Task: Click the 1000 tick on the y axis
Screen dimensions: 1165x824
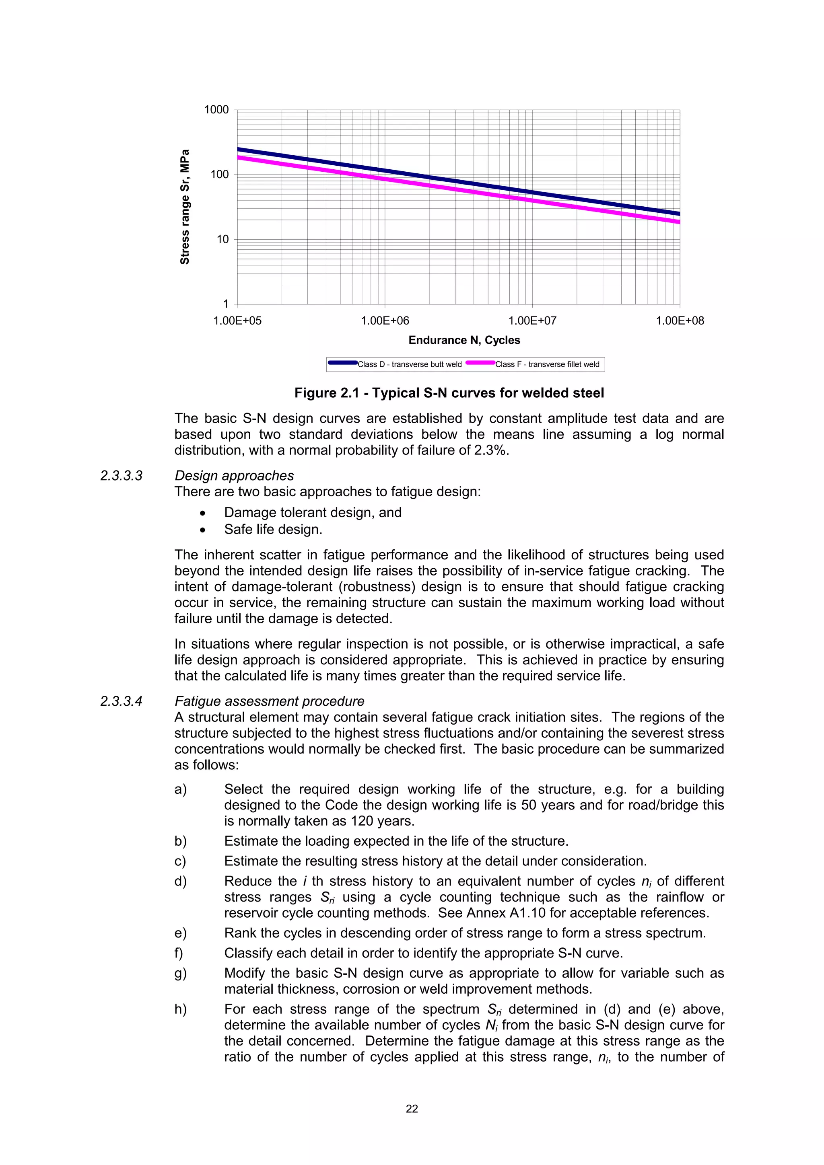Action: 216,110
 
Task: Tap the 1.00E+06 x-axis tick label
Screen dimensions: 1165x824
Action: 385,321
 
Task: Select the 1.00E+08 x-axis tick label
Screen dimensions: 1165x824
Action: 680,321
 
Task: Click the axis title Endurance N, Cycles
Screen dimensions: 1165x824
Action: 464,340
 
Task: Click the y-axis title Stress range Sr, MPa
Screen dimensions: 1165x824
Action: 185,207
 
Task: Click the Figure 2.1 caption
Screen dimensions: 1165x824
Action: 449,393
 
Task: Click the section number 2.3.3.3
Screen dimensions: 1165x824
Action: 122,476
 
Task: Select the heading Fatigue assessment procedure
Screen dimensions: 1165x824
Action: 269,701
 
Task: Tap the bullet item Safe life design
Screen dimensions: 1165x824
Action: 273,529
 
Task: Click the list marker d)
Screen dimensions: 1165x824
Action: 180,881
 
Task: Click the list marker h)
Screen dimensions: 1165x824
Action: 180,1009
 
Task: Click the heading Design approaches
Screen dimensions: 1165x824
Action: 234,476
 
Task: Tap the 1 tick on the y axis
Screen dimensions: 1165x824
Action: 225,304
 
